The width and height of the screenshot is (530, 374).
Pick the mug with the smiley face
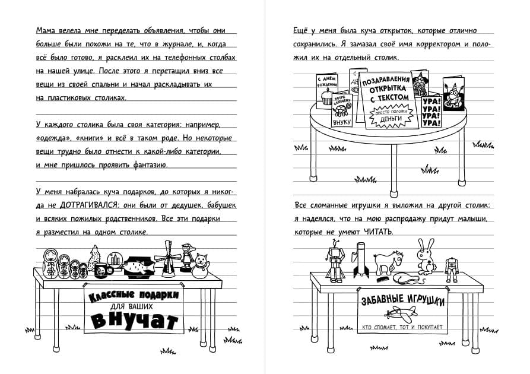click(101, 270)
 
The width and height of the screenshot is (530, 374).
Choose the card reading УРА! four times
click(431, 112)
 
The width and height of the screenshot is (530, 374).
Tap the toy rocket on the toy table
click(360, 261)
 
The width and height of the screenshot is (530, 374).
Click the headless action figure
click(452, 268)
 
